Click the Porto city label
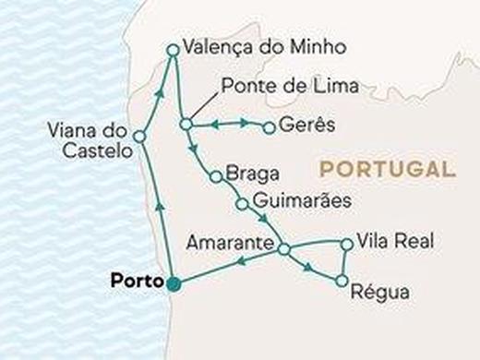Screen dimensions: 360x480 point(135,280)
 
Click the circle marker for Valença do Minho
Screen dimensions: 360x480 point(172,50)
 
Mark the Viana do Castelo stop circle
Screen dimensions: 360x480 point(138,137)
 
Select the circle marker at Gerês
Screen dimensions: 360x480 point(270,128)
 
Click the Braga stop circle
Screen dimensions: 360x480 point(214,176)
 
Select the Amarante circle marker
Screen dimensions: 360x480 point(283,249)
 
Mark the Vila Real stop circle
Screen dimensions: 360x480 point(346,245)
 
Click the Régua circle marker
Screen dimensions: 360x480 point(342,280)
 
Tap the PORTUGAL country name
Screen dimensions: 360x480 point(387,170)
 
